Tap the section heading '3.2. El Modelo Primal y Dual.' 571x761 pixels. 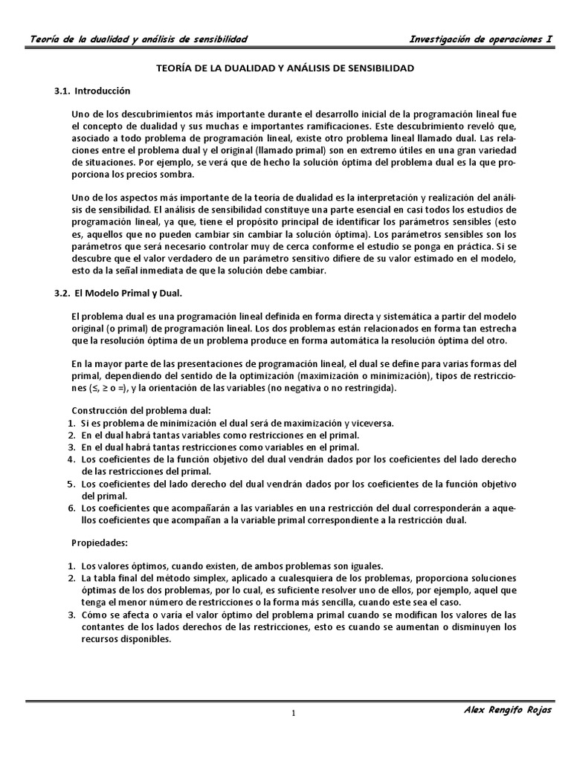(117, 293)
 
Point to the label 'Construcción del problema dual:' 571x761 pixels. (141, 410)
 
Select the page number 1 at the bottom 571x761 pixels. (293, 713)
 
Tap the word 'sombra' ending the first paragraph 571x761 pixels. (177, 174)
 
